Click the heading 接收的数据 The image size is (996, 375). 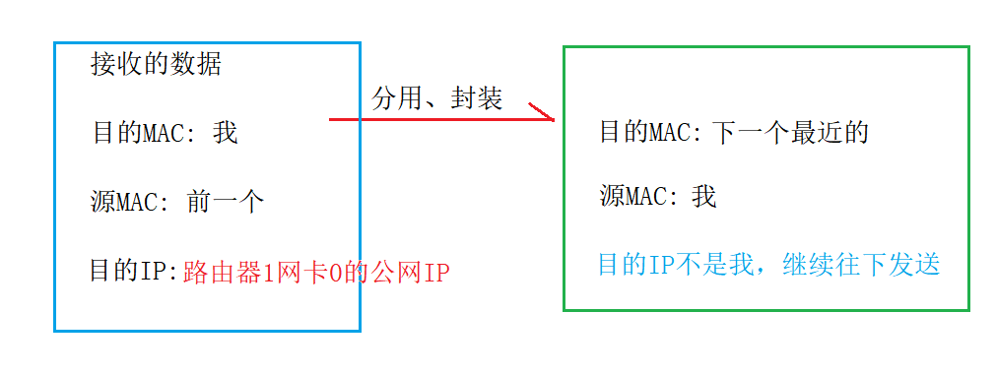click(x=156, y=65)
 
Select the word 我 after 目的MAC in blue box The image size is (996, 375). click(x=226, y=133)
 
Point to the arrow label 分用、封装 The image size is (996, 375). click(x=437, y=98)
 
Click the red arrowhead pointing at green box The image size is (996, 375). click(x=545, y=116)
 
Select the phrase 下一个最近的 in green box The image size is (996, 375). click(x=791, y=133)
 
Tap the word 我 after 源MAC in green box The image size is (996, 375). click(x=703, y=197)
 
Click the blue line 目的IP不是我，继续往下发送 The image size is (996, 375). click(x=769, y=265)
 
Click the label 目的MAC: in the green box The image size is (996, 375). click(x=651, y=133)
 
